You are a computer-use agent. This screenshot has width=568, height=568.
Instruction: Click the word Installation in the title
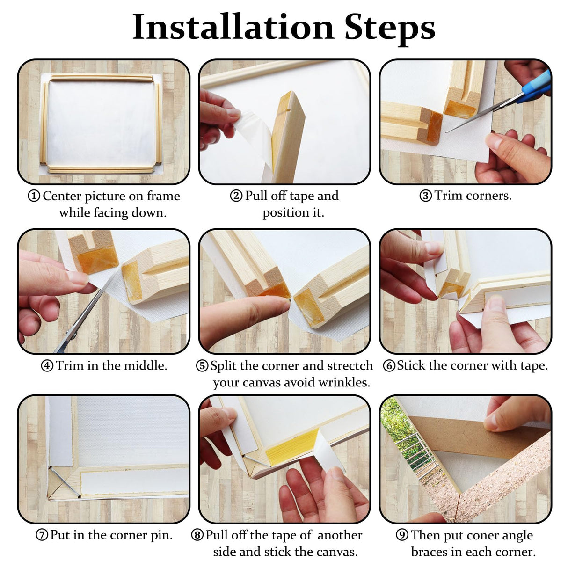(233, 27)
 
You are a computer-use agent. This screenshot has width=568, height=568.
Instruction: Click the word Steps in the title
(390, 27)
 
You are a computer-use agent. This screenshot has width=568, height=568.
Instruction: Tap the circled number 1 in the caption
(34, 196)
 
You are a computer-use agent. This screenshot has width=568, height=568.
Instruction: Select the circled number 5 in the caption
(202, 366)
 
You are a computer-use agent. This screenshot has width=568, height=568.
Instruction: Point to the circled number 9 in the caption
(402, 535)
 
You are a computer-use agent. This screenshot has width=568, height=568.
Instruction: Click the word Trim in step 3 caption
(448, 196)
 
